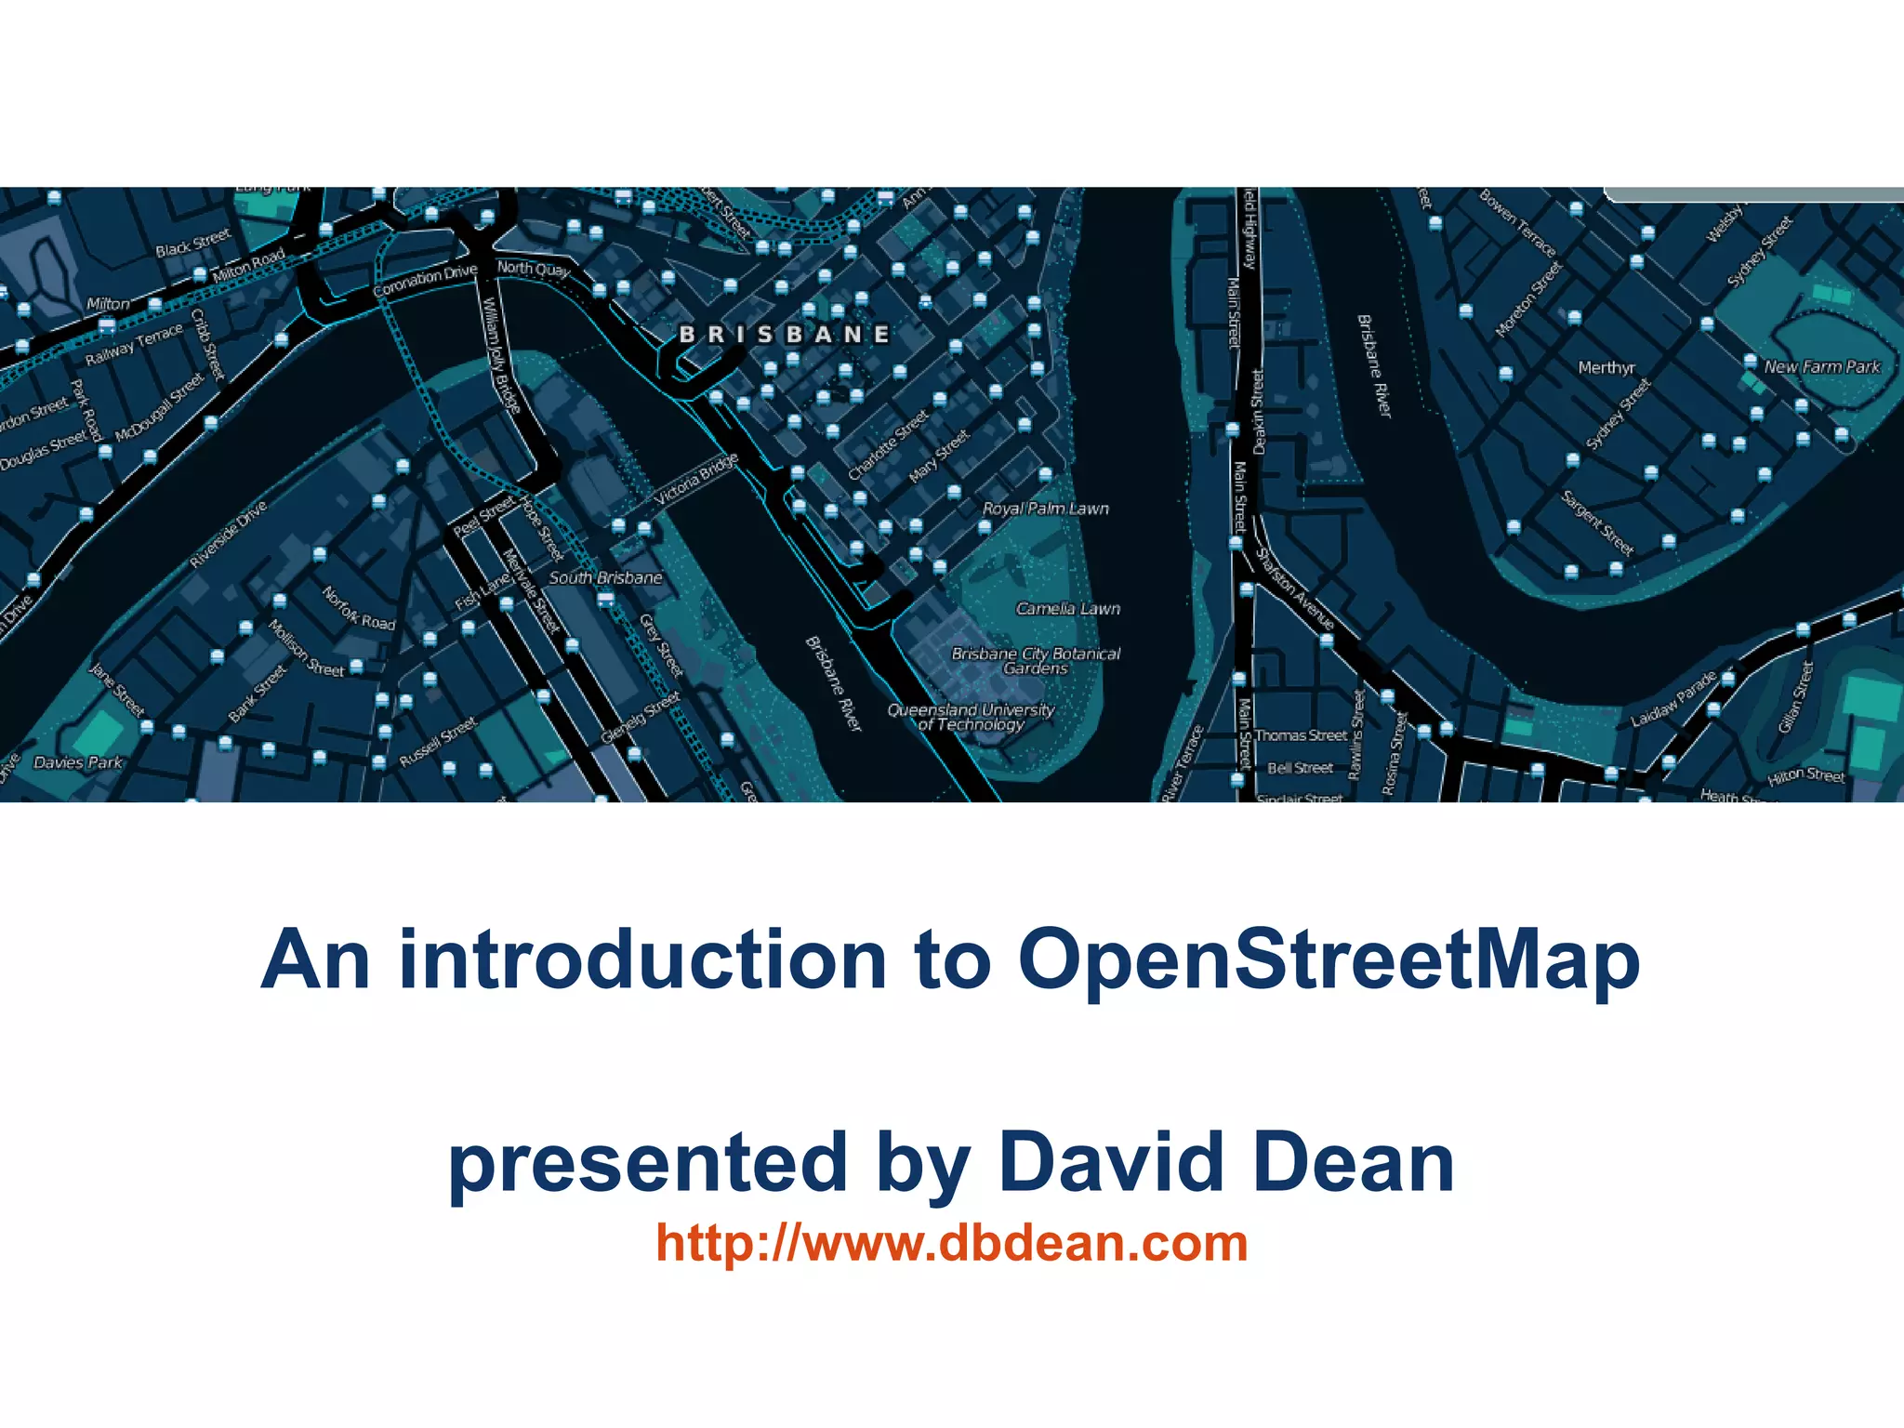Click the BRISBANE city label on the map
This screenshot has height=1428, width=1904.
click(x=785, y=334)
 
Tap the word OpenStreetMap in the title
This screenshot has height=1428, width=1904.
click(x=1329, y=960)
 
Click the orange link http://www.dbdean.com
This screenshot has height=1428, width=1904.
click(x=951, y=1243)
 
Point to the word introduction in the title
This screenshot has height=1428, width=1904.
click(x=642, y=960)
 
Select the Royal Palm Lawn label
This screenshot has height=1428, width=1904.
click(x=1046, y=509)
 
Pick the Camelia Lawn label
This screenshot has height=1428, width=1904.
click(x=1068, y=609)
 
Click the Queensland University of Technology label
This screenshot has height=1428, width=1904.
click(x=972, y=717)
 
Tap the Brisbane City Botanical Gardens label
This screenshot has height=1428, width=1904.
click(x=1036, y=661)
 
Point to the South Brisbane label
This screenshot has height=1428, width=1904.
click(x=605, y=577)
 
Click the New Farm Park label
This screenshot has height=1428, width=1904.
click(x=1822, y=366)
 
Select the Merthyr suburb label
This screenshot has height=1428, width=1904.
click(x=1606, y=367)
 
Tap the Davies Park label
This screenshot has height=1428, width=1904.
click(x=78, y=762)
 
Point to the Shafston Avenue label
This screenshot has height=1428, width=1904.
click(x=1295, y=588)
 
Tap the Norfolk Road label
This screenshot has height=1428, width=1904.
click(x=359, y=608)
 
